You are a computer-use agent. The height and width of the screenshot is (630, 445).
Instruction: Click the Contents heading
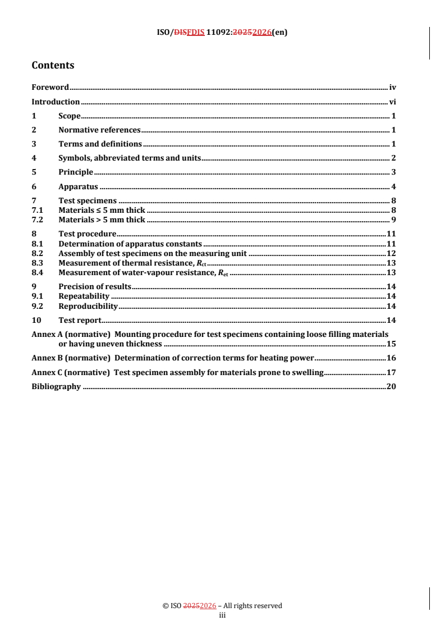(53, 65)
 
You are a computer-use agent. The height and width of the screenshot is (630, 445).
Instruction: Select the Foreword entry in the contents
(50, 87)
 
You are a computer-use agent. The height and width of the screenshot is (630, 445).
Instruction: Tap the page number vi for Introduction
(393, 102)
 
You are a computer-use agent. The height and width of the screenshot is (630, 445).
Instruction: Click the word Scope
(70, 116)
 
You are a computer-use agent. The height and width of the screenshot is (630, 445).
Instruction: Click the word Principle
(76, 172)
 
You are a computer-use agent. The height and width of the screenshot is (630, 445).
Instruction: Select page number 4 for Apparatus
(394, 186)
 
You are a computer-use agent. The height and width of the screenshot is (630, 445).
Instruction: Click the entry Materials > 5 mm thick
(102, 219)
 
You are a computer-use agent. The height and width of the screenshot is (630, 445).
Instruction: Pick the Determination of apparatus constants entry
(130, 244)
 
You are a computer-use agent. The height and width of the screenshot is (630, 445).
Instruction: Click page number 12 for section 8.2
(392, 253)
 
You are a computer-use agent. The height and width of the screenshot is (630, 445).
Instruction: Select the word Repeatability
(84, 296)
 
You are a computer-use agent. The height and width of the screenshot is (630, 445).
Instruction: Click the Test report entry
(80, 320)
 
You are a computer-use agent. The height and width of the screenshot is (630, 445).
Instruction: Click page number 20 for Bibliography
(392, 386)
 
